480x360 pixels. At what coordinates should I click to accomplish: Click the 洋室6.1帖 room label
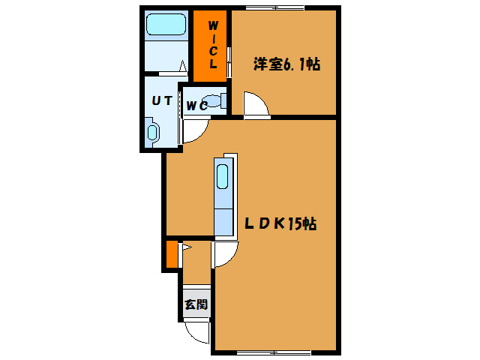point(286,65)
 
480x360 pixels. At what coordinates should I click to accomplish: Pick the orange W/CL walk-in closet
point(211,46)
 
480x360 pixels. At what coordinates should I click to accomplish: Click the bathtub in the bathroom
point(166,25)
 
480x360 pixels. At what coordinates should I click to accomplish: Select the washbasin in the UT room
point(154,132)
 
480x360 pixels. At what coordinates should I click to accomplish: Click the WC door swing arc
point(193,131)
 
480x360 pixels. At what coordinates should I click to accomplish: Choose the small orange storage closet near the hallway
point(172,254)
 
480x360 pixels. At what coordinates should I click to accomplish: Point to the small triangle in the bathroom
point(181,66)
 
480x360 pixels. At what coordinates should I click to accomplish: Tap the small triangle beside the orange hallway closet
point(186,246)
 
